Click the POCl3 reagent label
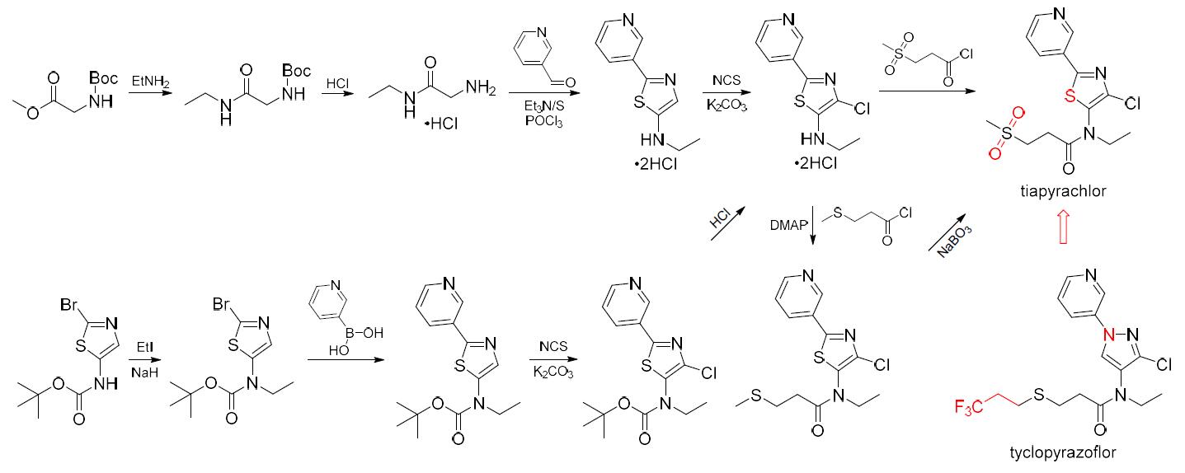[536, 122]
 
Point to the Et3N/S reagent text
[537, 107]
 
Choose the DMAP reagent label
[788, 225]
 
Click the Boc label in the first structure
[105, 78]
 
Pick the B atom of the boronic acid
[339, 331]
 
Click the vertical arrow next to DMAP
[814, 225]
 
